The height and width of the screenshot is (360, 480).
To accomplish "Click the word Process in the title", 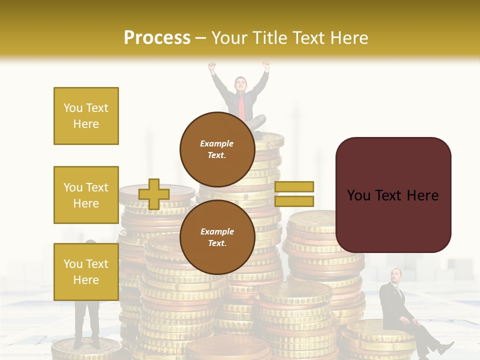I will click(x=157, y=37).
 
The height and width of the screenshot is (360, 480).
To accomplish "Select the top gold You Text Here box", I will click(x=86, y=116).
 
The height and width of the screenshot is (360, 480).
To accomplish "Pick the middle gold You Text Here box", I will click(x=86, y=195).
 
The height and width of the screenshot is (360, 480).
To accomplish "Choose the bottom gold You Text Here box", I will click(x=86, y=271).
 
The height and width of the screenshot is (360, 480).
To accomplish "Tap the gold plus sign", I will click(x=153, y=194).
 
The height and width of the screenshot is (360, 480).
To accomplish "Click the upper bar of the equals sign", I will click(x=294, y=186).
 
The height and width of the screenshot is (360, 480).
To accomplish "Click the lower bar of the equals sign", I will click(x=294, y=201).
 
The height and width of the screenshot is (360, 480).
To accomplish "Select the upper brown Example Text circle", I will click(x=217, y=149).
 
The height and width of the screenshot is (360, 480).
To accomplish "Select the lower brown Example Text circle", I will click(x=217, y=237).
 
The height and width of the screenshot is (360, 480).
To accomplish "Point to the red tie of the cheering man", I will click(x=242, y=106).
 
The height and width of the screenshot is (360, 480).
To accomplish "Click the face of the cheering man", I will click(x=240, y=84).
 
